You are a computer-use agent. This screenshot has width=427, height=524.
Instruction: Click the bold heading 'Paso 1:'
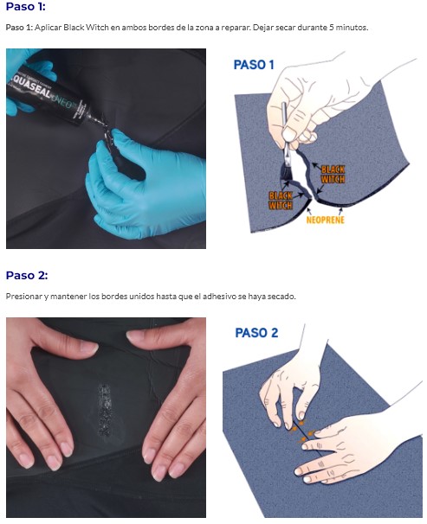(x=25, y=6)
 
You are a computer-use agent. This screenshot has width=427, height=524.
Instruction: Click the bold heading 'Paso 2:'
(x=27, y=275)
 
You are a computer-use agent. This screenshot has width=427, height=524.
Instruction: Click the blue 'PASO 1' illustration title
(x=254, y=65)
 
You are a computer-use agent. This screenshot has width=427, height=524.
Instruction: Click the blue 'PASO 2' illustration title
(x=256, y=333)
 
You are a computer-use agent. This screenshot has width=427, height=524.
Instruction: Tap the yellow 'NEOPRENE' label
(x=325, y=220)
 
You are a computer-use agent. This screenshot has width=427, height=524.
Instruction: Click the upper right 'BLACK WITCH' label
(x=333, y=174)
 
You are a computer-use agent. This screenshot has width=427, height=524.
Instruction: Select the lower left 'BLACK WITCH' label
(x=281, y=200)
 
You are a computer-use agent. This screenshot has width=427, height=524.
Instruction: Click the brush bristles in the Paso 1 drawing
(x=287, y=170)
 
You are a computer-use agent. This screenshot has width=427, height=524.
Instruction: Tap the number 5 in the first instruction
(x=331, y=28)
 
